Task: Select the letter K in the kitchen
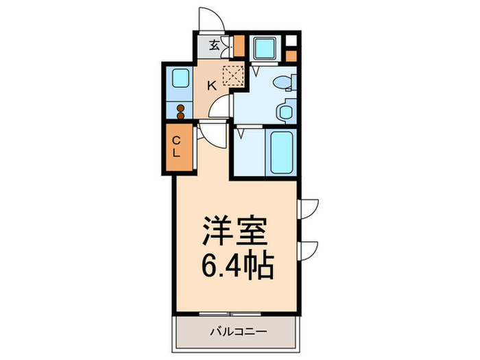point(212,86)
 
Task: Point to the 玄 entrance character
point(214,47)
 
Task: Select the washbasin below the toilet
point(284,111)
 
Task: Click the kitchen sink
point(180,77)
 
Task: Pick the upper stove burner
point(180,108)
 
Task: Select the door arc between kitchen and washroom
point(221,108)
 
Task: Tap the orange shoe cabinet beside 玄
point(239,46)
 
